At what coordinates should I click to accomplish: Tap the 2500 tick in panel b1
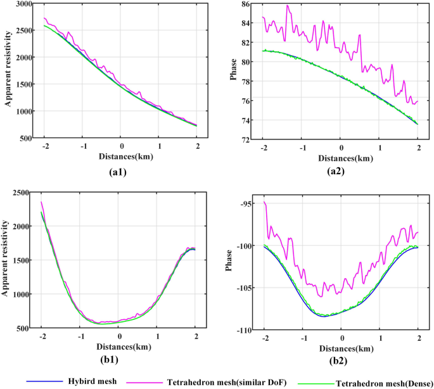click(x=22, y=193)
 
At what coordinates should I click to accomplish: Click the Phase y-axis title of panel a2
click(x=230, y=72)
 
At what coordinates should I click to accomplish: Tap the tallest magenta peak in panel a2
click(x=288, y=6)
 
